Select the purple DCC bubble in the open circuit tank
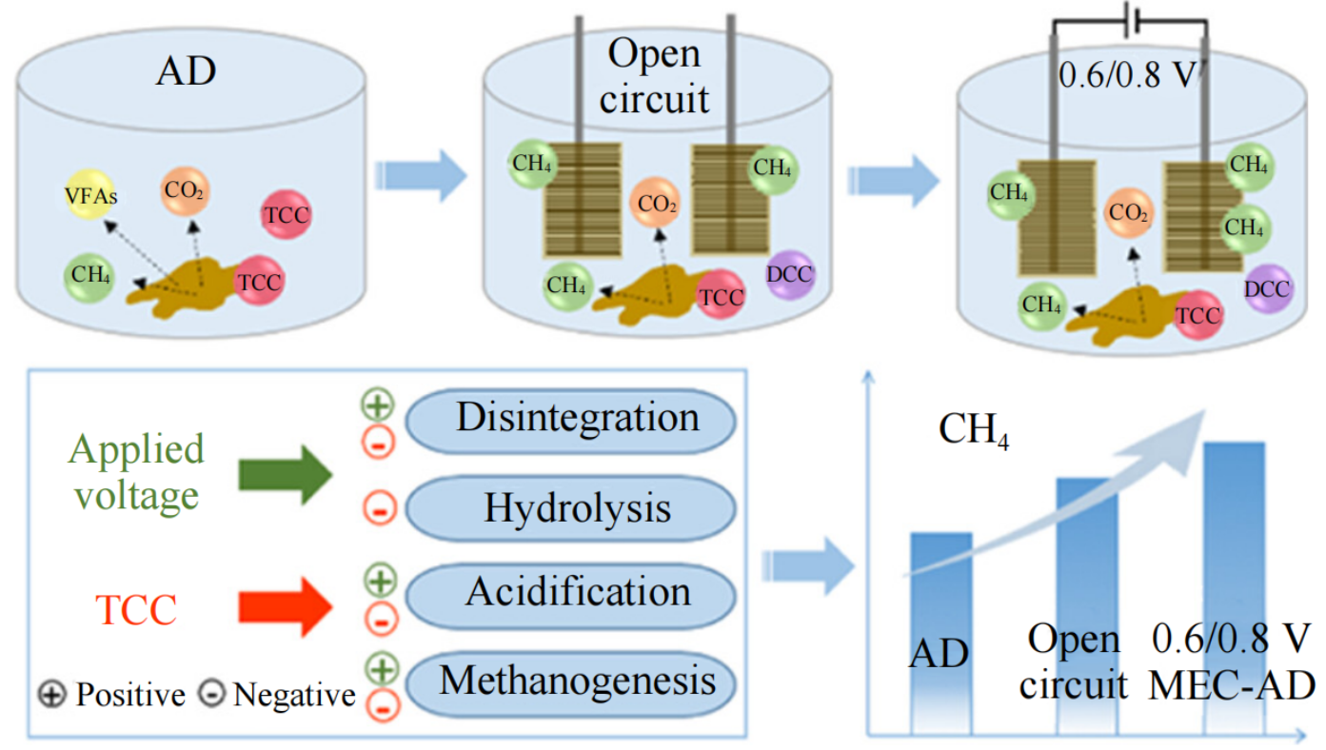coord(790,275)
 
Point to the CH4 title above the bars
coord(974,430)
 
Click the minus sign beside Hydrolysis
coord(379,511)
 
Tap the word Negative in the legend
coord(293,696)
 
